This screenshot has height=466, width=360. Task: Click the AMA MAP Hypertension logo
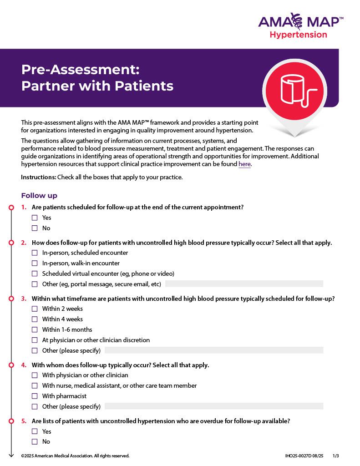click(x=300, y=26)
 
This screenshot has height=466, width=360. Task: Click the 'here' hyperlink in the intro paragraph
click(x=244, y=164)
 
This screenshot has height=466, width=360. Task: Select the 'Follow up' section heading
click(x=39, y=196)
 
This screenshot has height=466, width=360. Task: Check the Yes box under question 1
click(x=35, y=218)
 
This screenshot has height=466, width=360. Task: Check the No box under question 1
click(x=35, y=228)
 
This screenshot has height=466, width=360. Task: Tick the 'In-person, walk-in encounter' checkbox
click(x=35, y=263)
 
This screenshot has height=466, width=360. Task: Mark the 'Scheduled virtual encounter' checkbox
click(x=35, y=274)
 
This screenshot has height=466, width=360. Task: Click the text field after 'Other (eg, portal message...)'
click(x=244, y=284)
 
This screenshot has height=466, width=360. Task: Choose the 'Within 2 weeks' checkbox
click(x=35, y=309)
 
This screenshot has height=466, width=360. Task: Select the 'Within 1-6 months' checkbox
click(x=35, y=330)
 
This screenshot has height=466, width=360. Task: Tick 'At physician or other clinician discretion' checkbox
click(x=35, y=340)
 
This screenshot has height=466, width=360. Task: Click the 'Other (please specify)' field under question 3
click(x=214, y=350)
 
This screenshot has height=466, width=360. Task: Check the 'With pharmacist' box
click(x=35, y=396)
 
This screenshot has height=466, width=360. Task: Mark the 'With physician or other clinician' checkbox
click(x=35, y=375)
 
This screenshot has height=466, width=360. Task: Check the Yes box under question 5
click(x=35, y=431)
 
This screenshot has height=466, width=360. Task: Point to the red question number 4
click(x=24, y=365)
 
